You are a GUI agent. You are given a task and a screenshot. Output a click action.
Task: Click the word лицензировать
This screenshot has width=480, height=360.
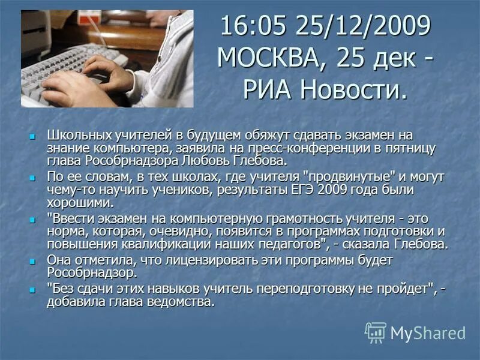coord(193,260)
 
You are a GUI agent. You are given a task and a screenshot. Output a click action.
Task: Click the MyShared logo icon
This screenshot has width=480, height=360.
coord(376,332)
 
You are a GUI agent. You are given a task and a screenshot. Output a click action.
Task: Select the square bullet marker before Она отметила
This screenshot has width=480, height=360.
coord(33,261)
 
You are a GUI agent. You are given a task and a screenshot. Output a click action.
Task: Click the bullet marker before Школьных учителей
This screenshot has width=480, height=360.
coord(33,136)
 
